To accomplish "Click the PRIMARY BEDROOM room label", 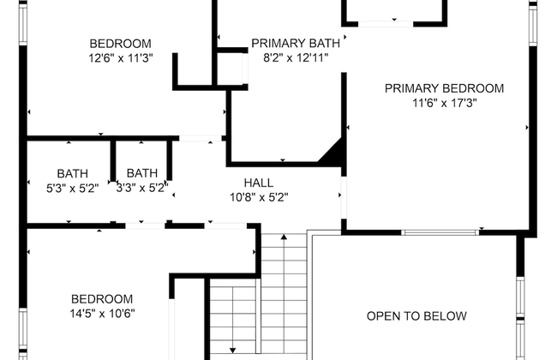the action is pyautogui.click(x=444, y=88).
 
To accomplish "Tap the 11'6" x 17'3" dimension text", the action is pyautogui.click(x=445, y=103).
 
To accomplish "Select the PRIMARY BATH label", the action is pyautogui.click(x=296, y=44).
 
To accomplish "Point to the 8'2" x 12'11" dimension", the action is pyautogui.click(x=296, y=57).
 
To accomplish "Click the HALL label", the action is pyautogui.click(x=259, y=183).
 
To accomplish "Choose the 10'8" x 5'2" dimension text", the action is pyautogui.click(x=259, y=197).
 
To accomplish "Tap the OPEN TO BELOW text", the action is pyautogui.click(x=416, y=316).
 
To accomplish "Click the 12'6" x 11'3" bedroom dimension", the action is pyautogui.click(x=121, y=58).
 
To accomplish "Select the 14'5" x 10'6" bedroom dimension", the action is pyautogui.click(x=102, y=314).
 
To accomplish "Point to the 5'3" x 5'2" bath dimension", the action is pyautogui.click(x=73, y=188).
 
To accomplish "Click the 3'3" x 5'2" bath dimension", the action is pyautogui.click(x=142, y=188).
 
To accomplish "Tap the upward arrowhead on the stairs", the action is pyautogui.click(x=284, y=237).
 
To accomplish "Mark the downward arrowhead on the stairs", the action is pyautogui.click(x=233, y=351).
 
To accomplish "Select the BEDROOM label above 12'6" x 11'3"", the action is pyautogui.click(x=121, y=44).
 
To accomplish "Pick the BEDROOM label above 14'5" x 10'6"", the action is pyautogui.click(x=102, y=299).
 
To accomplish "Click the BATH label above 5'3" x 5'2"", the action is pyautogui.click(x=73, y=174).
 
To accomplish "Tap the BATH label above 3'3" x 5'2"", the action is pyautogui.click(x=142, y=173).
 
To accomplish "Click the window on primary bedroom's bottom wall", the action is pyautogui.click(x=440, y=232).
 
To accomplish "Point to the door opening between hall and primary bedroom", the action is pyautogui.click(x=344, y=198).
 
